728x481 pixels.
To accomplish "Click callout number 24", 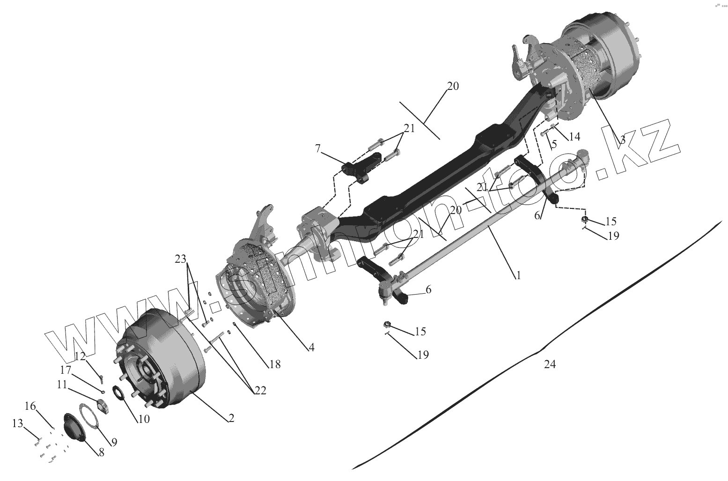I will tap(550, 364).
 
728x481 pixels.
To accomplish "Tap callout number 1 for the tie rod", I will tap(518, 275).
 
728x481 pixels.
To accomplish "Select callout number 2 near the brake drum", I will tap(231, 418).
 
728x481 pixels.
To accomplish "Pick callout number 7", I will tap(318, 149).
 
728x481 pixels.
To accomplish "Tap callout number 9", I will tap(114, 441).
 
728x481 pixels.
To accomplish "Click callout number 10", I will tap(143, 419).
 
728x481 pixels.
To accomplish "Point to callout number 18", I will tap(275, 363).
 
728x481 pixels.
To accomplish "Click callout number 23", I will tap(181, 259).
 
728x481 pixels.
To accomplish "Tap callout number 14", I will tap(574, 136).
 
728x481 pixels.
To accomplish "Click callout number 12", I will tap(80, 356).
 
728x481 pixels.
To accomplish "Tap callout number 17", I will tap(65, 370).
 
